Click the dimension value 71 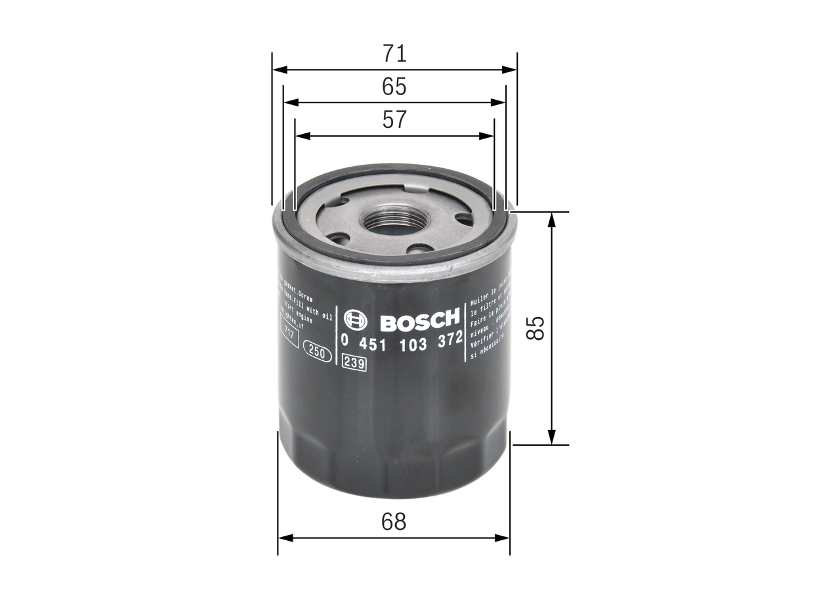tap(394, 53)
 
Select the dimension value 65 tap(394, 87)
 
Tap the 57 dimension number tap(394, 120)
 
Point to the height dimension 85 tap(536, 328)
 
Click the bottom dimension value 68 tap(394, 522)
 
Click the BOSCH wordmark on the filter tap(420, 321)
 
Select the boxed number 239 tap(354, 363)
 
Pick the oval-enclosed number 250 tap(316, 353)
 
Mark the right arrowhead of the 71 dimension tap(511, 70)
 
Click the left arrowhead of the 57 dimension tap(302, 136)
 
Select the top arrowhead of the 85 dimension tap(552, 219)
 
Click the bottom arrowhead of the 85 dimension tap(552, 438)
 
